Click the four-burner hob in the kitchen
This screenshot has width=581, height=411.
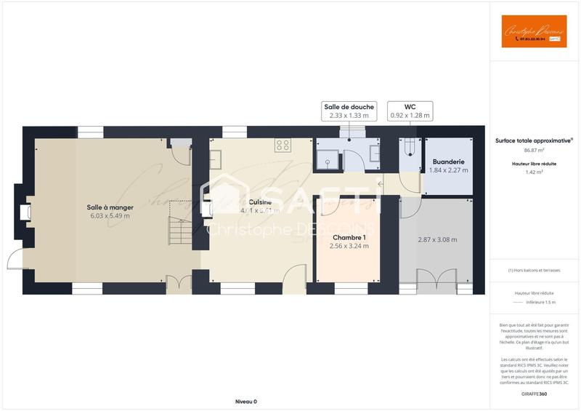[283, 145]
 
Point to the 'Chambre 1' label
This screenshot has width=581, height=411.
[349, 237]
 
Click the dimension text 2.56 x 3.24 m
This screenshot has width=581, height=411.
[349, 246]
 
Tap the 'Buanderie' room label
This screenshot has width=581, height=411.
[448, 161]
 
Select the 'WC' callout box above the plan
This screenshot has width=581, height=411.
[410, 111]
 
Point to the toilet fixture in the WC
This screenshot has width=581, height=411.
[410, 147]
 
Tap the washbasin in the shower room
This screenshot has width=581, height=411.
[374, 153]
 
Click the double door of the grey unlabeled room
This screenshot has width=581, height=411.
[435, 276]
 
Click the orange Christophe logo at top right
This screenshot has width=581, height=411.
[534, 31]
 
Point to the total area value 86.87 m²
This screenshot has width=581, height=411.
[534, 151]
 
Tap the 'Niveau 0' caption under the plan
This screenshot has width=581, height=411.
[246, 402]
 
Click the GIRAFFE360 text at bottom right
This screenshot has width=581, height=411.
[534, 394]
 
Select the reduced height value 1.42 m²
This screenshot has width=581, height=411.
[534, 172]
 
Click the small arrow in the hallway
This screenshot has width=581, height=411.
[381, 184]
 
